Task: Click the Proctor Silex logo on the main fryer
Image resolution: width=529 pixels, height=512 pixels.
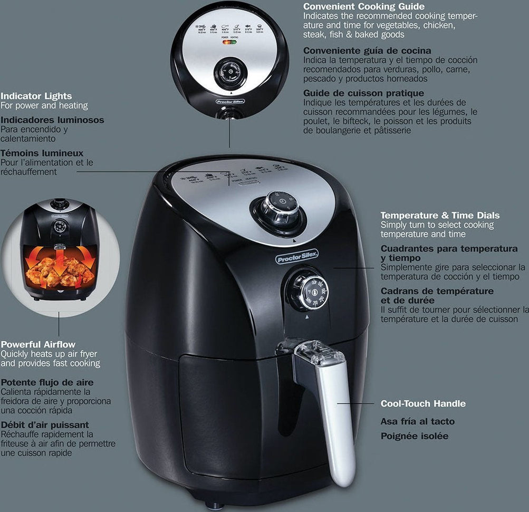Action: click(x=297, y=256)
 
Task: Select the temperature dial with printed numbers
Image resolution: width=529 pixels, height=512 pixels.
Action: click(x=307, y=291)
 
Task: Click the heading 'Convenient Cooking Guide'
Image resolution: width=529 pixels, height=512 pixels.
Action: click(x=364, y=7)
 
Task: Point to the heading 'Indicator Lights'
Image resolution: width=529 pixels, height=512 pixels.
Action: click(x=36, y=96)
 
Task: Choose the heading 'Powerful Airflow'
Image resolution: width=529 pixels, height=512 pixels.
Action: click(x=38, y=344)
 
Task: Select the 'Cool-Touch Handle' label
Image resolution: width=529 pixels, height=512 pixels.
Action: click(x=423, y=403)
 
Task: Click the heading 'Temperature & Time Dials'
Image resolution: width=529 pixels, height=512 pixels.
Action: click(x=440, y=215)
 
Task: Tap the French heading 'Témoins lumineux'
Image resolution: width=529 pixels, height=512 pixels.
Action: click(x=42, y=153)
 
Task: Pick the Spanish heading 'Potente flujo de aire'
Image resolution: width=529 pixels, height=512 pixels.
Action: click(x=47, y=382)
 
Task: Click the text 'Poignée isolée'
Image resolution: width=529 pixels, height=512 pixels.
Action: click(x=415, y=436)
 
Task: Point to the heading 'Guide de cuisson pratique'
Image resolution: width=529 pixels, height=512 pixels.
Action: click(x=363, y=93)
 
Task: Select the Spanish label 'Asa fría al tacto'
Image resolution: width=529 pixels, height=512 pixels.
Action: click(x=417, y=421)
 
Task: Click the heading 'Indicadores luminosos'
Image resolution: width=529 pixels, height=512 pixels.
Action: click(x=52, y=120)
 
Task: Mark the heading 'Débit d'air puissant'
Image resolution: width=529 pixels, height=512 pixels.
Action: click(x=44, y=424)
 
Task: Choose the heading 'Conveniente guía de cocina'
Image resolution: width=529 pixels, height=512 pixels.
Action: click(x=367, y=51)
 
